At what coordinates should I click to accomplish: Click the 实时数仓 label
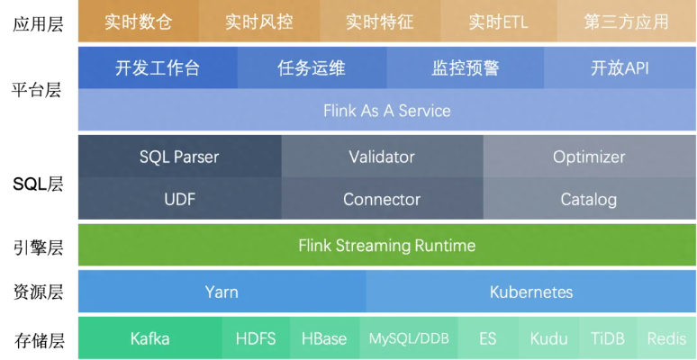pos(138,22)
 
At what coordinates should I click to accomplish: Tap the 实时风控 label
pos(258,22)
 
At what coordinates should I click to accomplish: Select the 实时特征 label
pos(379,22)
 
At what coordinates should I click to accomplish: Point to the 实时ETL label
pos(498,22)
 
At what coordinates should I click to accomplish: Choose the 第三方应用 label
pos(627,22)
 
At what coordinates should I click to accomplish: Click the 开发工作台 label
pos(158,68)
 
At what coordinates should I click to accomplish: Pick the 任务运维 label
pos(312,68)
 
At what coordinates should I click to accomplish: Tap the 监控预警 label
pos(466,68)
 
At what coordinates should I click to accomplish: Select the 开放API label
pos(620,68)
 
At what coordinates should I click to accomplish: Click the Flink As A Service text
pos(387,111)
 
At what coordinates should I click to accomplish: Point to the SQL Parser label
pos(179,157)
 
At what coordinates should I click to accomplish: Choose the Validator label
pos(382,157)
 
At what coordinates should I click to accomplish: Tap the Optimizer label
pos(589,157)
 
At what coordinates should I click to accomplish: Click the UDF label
pos(180,199)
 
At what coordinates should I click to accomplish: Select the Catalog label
pos(589,199)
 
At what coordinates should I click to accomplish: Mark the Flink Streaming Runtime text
pos(387,245)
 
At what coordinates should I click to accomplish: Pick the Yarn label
pos(222,292)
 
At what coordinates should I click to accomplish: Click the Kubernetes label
pos(531,292)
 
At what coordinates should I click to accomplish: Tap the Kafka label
pos(149,338)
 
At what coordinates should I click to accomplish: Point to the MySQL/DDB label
pos(409,338)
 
